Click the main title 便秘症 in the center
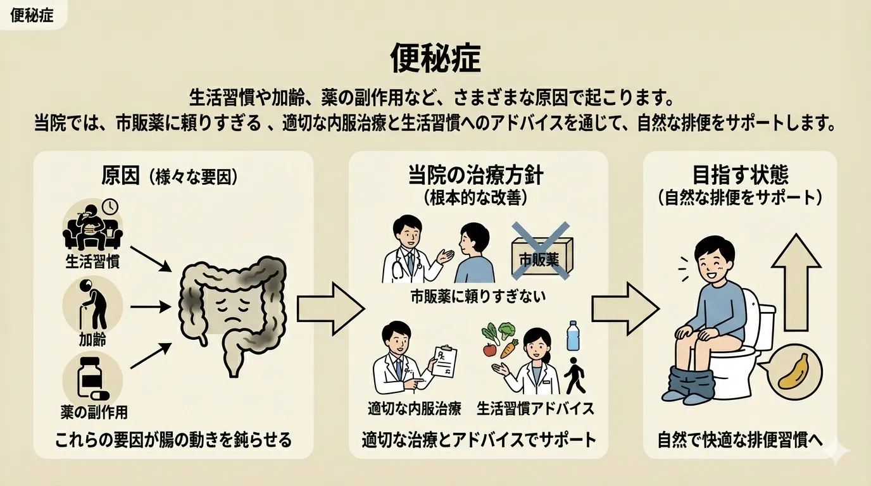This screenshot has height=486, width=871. [435, 59]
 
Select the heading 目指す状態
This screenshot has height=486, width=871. [740, 175]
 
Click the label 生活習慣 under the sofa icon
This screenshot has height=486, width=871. [92, 261]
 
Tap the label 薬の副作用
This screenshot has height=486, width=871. [94, 412]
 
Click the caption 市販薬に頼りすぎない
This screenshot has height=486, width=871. [478, 295]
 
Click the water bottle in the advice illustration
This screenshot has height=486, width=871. [573, 336]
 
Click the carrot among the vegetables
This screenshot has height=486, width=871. [508, 349]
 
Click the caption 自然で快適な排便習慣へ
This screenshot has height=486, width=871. [740, 440]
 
